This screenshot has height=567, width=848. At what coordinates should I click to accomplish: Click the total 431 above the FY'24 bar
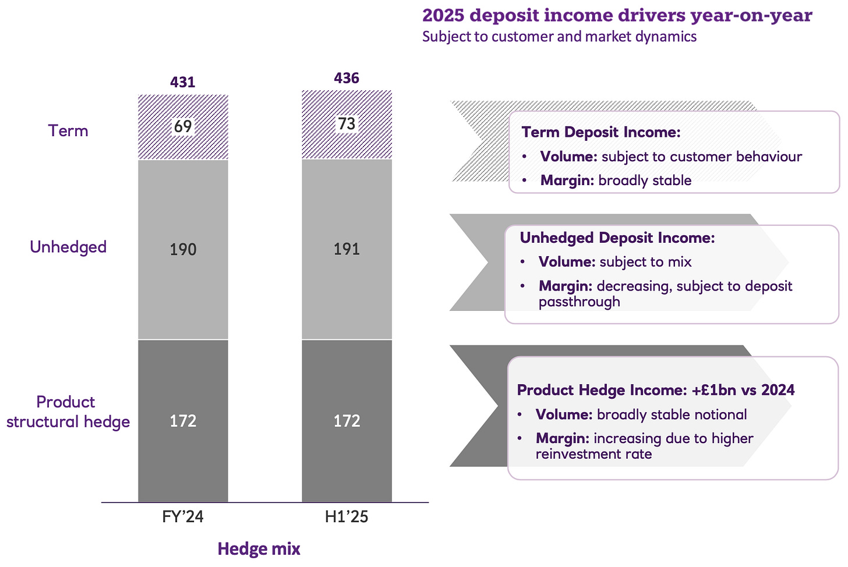(x=182, y=82)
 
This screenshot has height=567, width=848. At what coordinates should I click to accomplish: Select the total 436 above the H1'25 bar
(x=347, y=78)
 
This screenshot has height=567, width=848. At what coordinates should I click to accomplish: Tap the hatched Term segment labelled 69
(x=183, y=127)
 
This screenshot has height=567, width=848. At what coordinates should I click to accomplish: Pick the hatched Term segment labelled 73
(x=347, y=124)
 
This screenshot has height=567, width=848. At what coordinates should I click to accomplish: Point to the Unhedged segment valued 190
(x=183, y=250)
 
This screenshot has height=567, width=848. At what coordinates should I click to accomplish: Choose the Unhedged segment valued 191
(x=347, y=249)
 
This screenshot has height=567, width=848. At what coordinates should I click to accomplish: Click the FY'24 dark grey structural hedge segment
(x=183, y=421)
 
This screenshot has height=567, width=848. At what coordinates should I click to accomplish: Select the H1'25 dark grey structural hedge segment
(x=347, y=421)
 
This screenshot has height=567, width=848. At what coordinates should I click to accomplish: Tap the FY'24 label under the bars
(x=183, y=517)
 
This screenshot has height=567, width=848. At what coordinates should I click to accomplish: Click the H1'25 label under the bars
(x=347, y=517)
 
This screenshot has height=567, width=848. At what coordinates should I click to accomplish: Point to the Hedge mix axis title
(x=259, y=549)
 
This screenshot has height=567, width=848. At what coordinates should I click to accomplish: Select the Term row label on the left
(x=68, y=130)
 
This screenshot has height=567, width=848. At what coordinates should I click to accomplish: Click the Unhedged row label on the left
(x=68, y=247)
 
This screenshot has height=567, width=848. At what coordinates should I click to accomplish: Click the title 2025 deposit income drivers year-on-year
(x=617, y=15)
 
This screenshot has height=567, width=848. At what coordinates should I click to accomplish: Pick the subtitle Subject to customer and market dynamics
(x=559, y=37)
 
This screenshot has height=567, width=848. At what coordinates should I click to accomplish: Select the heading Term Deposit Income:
(x=601, y=132)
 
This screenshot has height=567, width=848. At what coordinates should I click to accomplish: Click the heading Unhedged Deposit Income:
(x=617, y=238)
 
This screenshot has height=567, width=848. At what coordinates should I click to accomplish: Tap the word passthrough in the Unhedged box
(x=580, y=302)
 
